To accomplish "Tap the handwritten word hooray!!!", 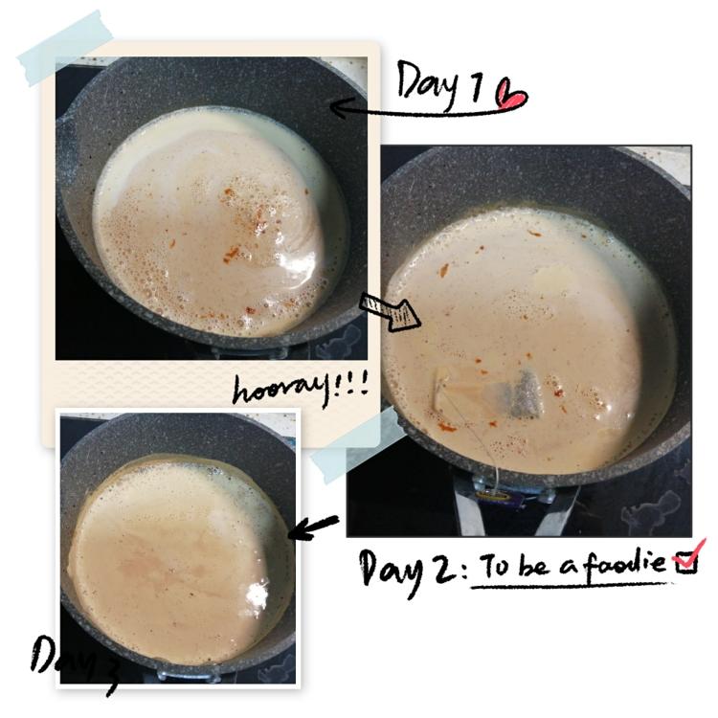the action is click(x=301, y=390).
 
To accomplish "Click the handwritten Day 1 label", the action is click(x=439, y=84).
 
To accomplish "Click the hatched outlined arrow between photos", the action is click(x=390, y=311).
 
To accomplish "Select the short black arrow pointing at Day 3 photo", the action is click(x=313, y=527).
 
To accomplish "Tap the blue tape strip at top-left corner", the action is click(x=65, y=48).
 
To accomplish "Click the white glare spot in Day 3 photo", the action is click(x=258, y=595).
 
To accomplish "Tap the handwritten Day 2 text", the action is click(x=409, y=571).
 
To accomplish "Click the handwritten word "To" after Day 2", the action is click(x=495, y=566).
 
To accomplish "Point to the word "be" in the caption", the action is click(x=533, y=566).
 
